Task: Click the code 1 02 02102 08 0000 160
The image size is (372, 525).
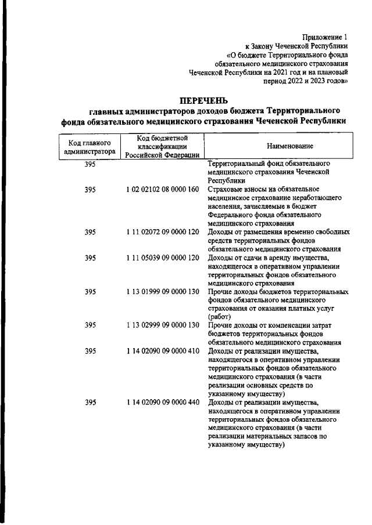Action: (x=162, y=189)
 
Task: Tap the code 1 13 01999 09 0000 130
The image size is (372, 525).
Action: (x=162, y=292)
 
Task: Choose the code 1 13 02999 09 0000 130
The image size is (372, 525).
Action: (x=162, y=325)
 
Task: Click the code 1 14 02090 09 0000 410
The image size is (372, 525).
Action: (x=162, y=351)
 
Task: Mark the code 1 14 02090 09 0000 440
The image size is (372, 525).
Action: (x=162, y=402)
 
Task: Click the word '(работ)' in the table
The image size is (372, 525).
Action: (x=219, y=317)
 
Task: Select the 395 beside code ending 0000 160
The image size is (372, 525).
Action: (x=90, y=189)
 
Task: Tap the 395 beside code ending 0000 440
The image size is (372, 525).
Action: (x=90, y=402)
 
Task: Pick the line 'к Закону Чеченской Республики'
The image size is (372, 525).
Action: (x=296, y=46)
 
